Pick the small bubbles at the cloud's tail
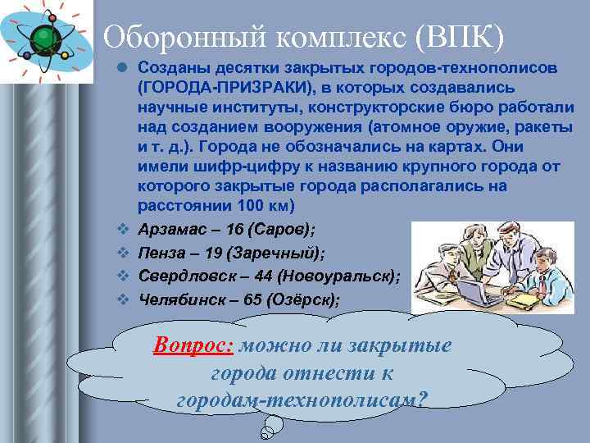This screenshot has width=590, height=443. click(x=270, y=427)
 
